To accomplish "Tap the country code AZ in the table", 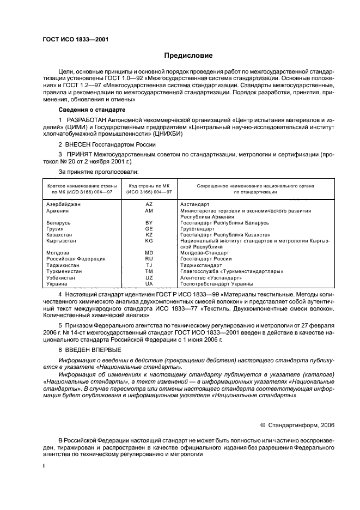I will point(149,204).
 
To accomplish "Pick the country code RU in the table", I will point(149,259).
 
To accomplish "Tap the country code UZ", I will point(149,277).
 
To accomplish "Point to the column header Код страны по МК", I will point(149,186).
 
